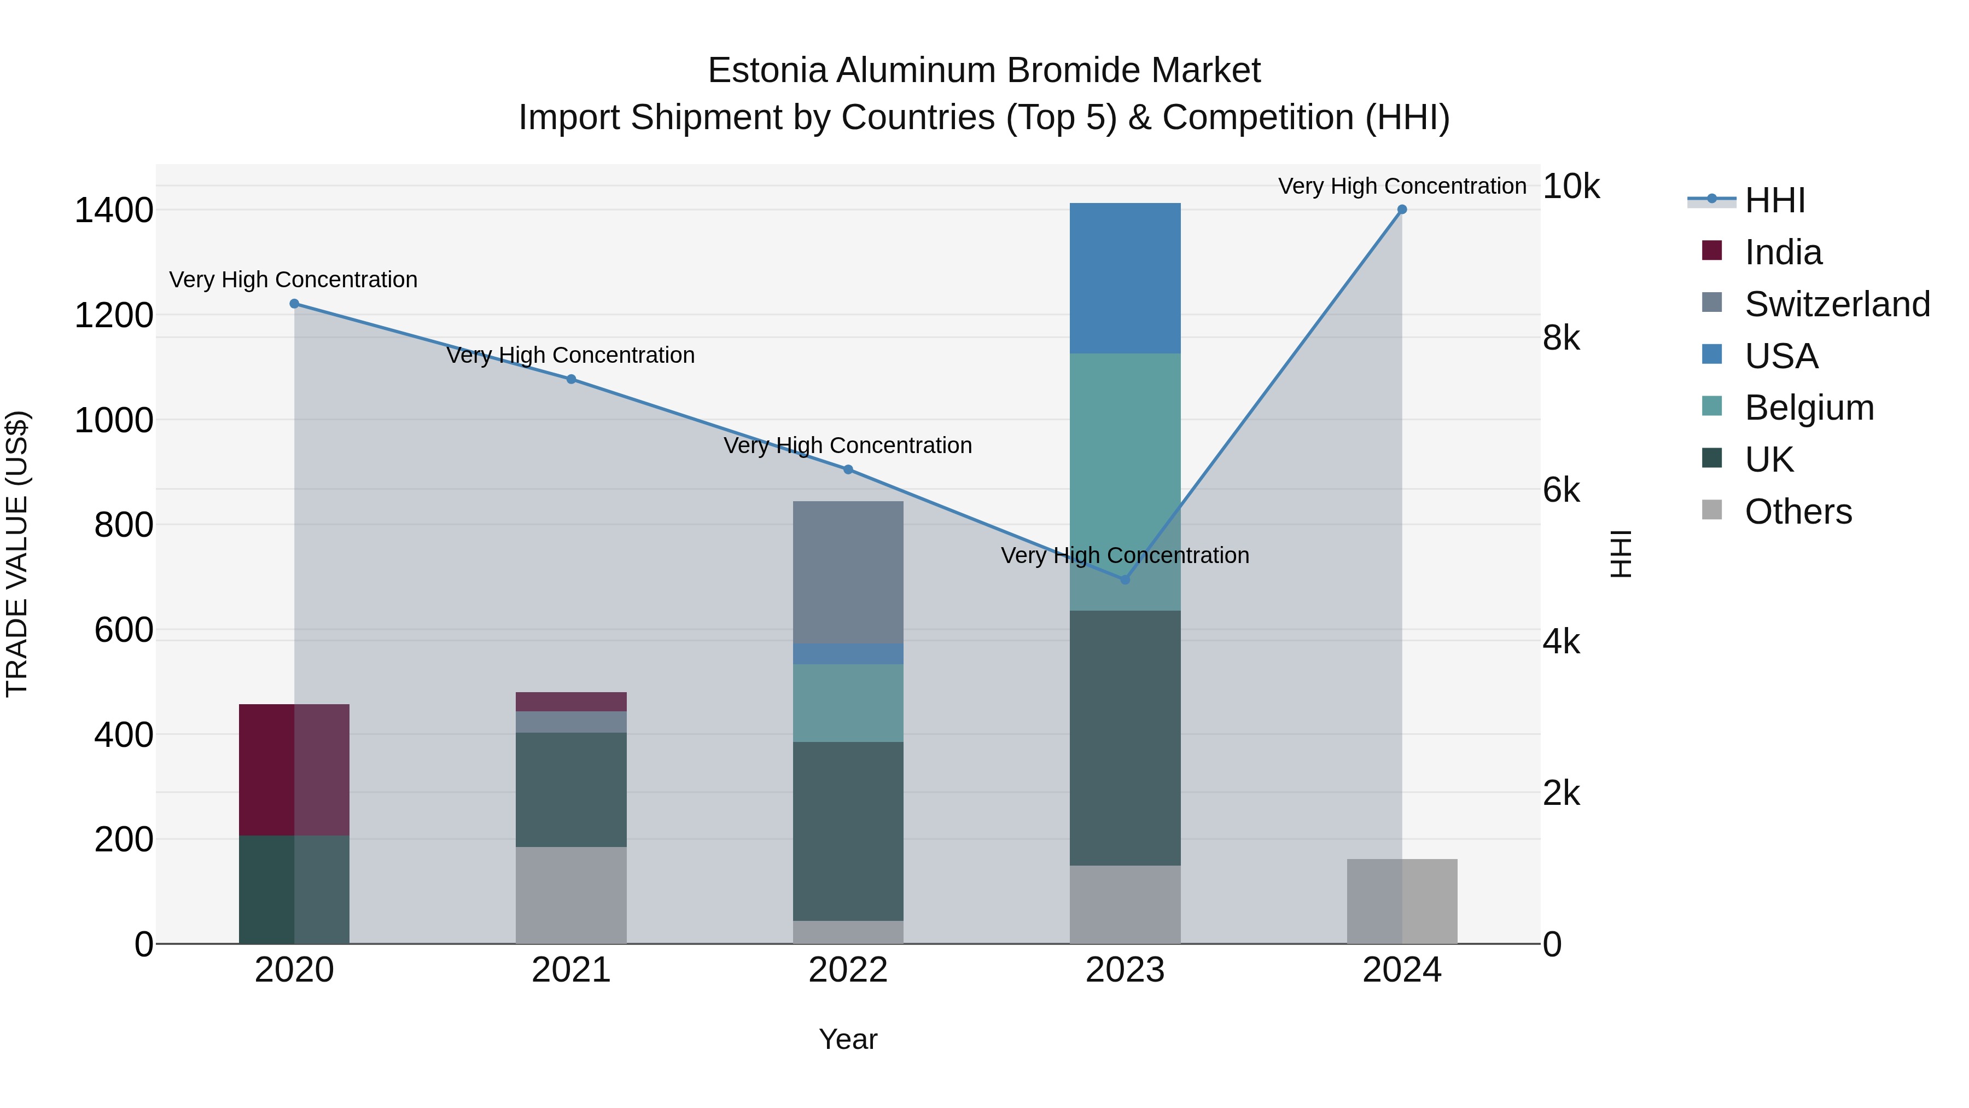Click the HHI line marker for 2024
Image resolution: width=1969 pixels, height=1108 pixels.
tap(1401, 210)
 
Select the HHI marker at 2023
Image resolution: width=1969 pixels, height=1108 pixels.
tap(1125, 579)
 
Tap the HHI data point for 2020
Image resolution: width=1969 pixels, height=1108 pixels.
tap(294, 304)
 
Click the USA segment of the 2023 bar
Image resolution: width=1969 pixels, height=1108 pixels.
tap(1125, 279)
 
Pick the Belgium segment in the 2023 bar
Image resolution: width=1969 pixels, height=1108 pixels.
tap(1125, 482)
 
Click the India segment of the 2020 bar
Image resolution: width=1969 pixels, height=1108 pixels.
tap(294, 769)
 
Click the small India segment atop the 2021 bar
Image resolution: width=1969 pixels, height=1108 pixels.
tap(571, 701)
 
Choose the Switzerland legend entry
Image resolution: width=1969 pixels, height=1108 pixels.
tap(1837, 304)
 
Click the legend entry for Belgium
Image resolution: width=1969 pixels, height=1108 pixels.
tap(1809, 408)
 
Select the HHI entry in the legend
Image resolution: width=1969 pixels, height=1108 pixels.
tap(1774, 200)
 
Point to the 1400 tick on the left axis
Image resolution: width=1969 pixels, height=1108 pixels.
tap(114, 210)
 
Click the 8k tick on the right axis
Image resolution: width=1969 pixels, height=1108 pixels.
tap(1561, 338)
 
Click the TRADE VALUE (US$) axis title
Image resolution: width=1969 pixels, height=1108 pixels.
tap(17, 554)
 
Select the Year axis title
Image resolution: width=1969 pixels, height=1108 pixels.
tap(848, 1039)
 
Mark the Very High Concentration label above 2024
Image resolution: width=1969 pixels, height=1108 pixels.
tap(1401, 186)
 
